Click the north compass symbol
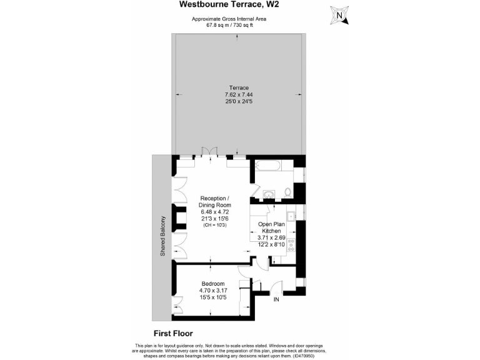[339, 15]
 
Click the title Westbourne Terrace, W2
[229, 5]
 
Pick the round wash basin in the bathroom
[269, 193]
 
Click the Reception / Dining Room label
[215, 202]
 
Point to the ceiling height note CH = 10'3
[215, 225]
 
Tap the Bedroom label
[208, 284]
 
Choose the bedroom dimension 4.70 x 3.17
[208, 291]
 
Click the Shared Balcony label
[162, 237]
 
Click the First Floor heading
[172, 333]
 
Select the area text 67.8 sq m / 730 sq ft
[229, 25]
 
